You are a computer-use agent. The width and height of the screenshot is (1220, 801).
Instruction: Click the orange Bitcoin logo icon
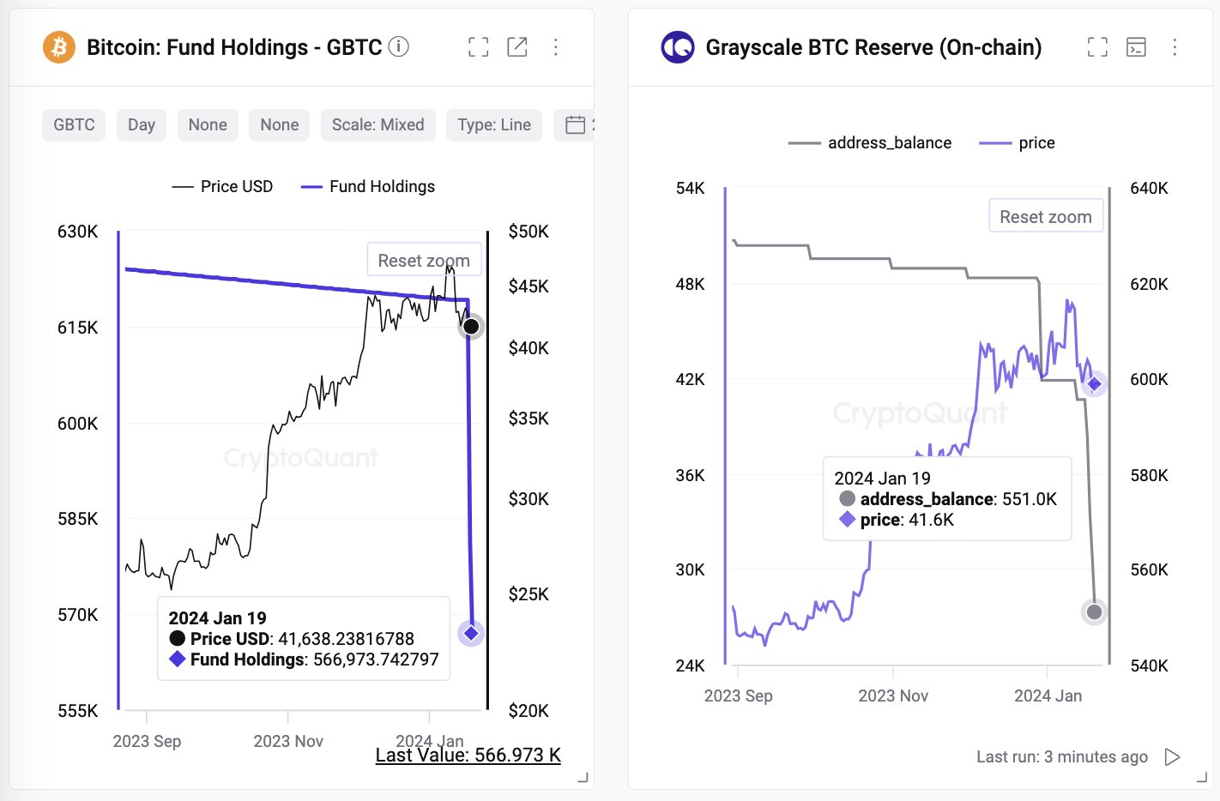pyautogui.click(x=59, y=47)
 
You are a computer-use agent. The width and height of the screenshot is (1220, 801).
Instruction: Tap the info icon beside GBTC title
pyautogui.click(x=398, y=46)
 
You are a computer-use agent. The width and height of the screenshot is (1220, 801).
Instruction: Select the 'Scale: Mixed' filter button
pyautogui.click(x=377, y=125)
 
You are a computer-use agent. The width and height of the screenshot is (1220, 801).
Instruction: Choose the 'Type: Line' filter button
pyautogui.click(x=494, y=125)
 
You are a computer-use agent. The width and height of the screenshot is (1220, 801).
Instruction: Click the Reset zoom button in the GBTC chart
pyautogui.click(x=424, y=260)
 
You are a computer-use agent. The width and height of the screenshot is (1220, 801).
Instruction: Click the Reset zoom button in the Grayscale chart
pyautogui.click(x=1045, y=217)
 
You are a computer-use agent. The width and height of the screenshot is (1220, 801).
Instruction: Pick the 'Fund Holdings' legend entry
pyautogui.click(x=369, y=187)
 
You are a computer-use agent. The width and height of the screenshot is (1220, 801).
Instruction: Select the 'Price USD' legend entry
pyautogui.click(x=223, y=187)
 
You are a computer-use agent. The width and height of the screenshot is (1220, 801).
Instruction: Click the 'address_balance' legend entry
pyautogui.click(x=871, y=143)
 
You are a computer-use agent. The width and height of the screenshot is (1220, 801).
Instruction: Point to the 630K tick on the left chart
pyautogui.click(x=77, y=232)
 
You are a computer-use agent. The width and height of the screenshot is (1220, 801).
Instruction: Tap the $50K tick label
pyautogui.click(x=528, y=232)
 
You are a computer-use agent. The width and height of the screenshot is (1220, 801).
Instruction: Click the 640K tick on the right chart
pyautogui.click(x=1149, y=188)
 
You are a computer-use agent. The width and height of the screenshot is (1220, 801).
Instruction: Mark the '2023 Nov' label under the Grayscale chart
pyautogui.click(x=893, y=696)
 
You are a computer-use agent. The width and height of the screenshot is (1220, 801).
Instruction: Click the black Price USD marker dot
pyautogui.click(x=471, y=326)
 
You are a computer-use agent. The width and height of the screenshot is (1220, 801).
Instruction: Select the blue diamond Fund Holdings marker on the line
pyautogui.click(x=471, y=633)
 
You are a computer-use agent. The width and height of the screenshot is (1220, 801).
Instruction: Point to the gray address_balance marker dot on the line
pyautogui.click(x=1094, y=611)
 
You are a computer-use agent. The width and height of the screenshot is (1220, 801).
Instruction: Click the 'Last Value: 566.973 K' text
pyautogui.click(x=468, y=755)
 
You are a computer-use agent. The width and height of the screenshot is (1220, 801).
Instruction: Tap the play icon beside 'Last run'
pyautogui.click(x=1172, y=756)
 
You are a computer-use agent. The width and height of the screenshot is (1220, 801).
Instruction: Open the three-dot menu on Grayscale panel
pyautogui.click(x=1175, y=47)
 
